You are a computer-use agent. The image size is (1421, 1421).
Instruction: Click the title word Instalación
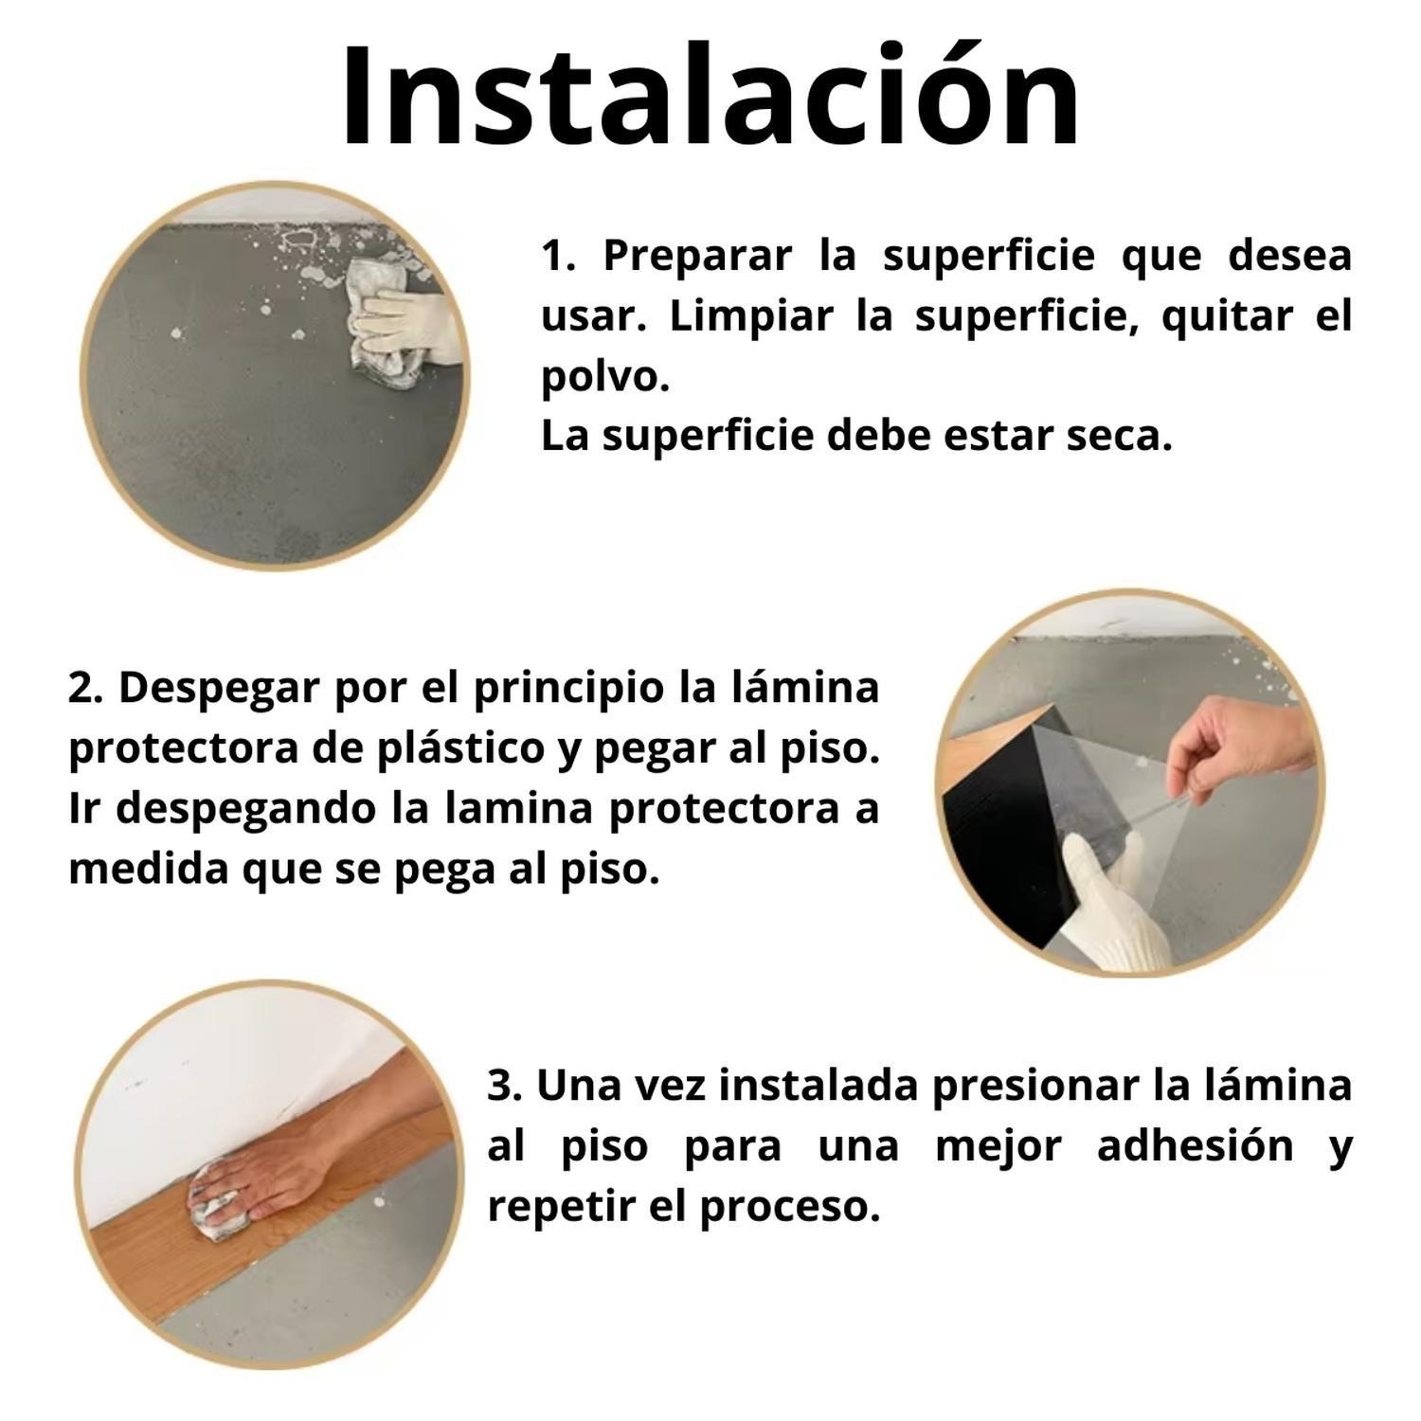[x=710, y=97]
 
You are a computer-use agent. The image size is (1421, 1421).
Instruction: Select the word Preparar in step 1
[x=696, y=257]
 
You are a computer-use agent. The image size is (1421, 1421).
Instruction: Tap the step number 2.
[x=83, y=688]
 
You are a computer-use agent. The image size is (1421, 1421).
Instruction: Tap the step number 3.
[x=504, y=1086]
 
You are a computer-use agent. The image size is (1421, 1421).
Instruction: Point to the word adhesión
[x=1196, y=1146]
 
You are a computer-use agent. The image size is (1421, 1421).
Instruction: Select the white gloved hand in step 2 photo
[x=1113, y=900]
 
